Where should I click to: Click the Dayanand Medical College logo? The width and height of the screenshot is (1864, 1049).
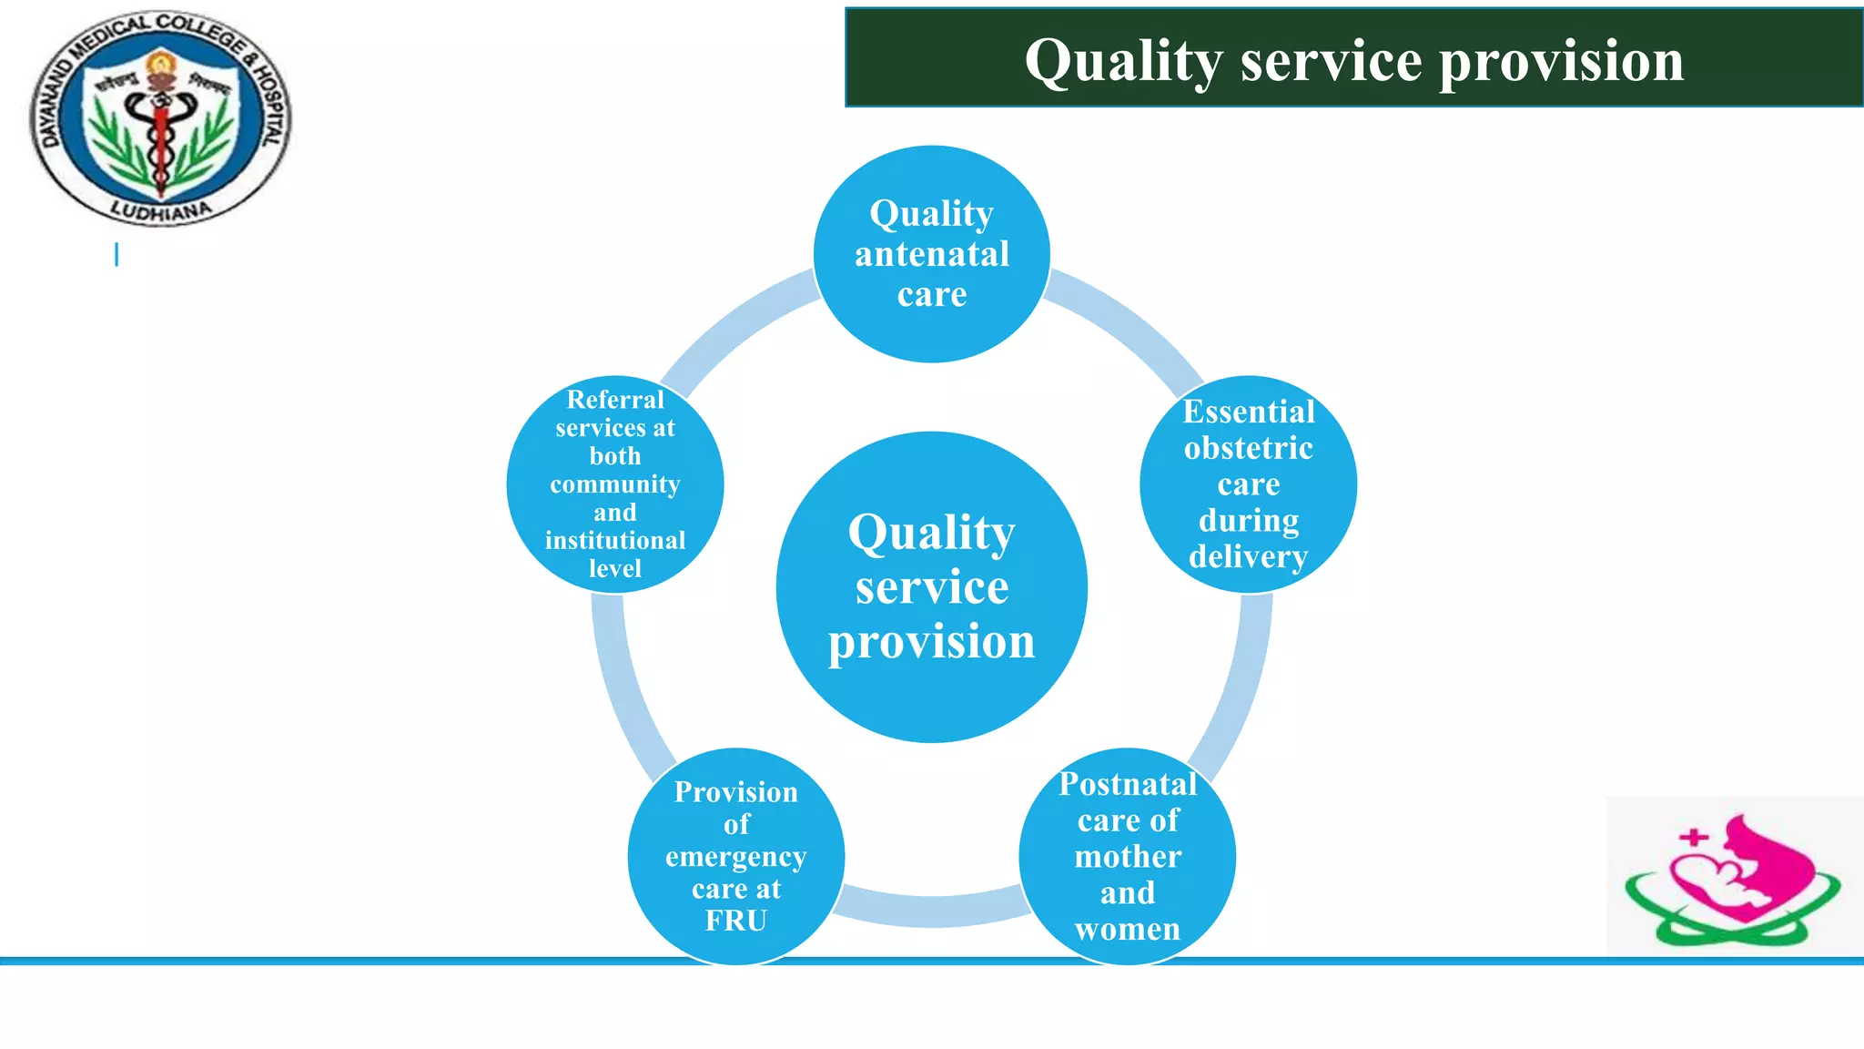161,118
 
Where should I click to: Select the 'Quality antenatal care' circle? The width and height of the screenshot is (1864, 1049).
931,254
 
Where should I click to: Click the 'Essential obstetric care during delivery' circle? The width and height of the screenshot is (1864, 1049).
1248,484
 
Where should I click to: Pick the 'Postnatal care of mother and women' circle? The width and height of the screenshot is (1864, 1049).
1127,856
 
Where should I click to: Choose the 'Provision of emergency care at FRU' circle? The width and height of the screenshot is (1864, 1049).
736,856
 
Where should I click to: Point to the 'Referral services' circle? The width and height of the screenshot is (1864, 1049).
615,484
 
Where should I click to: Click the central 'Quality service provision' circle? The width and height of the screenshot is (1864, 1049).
931,587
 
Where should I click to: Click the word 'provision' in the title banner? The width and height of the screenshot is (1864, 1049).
1561,61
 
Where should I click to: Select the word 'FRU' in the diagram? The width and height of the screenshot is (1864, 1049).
736,921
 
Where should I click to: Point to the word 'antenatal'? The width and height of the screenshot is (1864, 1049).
932,254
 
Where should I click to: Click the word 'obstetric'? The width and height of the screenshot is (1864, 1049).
1248,448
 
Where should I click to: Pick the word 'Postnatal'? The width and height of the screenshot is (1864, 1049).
1128,784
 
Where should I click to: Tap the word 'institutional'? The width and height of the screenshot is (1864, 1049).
615,540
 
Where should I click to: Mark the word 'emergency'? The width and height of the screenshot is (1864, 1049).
736,858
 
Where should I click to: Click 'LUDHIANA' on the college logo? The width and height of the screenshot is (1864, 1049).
161,211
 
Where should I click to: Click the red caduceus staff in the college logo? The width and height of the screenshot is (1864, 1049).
161,146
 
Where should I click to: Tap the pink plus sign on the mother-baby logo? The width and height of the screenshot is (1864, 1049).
1693,837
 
